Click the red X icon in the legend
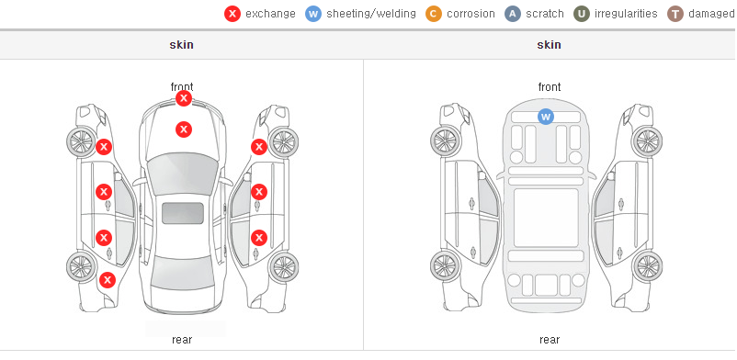[232, 14]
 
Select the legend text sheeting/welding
[371, 14]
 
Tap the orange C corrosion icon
[434, 14]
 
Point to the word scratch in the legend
[545, 14]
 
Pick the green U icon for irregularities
[582, 14]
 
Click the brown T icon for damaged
[675, 14]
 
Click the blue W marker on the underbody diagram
[545, 116]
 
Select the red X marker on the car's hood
[184, 129]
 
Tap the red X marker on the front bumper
[184, 98]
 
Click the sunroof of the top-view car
[183, 213]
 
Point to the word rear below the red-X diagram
[182, 340]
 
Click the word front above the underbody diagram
[550, 87]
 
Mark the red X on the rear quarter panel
[108, 281]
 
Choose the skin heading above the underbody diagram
[549, 45]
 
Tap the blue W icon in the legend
[313, 14]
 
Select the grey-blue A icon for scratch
[513, 14]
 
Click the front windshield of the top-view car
[183, 173]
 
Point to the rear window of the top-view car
[183, 274]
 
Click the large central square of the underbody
[546, 218]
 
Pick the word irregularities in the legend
[626, 14]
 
